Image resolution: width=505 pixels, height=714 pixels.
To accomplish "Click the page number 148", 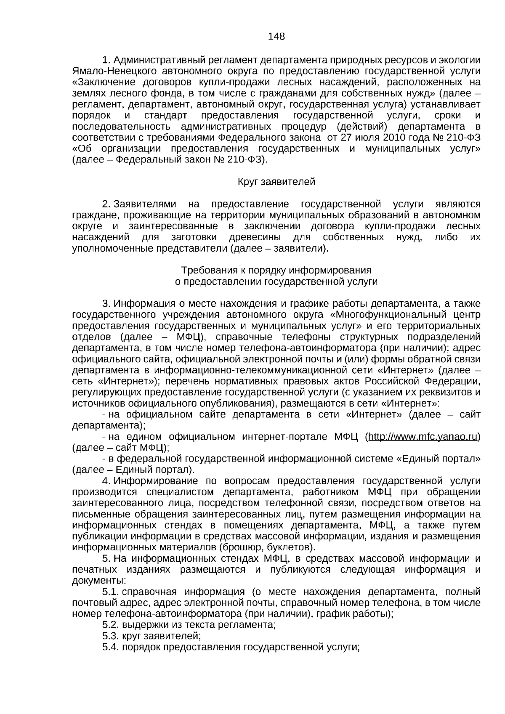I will (276, 36).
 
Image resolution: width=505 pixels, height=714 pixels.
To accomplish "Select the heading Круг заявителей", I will (276, 182).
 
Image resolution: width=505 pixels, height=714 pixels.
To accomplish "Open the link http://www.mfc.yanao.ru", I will (423, 437).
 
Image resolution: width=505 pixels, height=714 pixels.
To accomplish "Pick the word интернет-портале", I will (284, 437).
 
